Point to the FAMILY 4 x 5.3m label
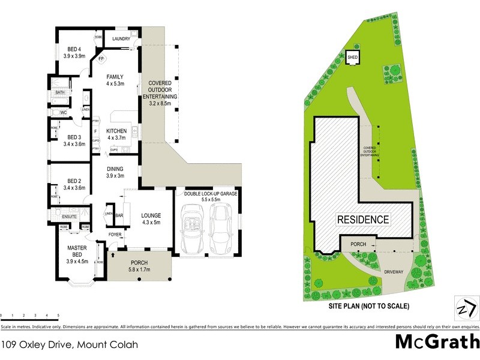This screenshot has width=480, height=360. [115, 80]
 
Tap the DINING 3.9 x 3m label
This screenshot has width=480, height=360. [115, 172]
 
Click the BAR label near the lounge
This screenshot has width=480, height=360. [119, 215]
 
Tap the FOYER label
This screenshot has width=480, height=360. [115, 235]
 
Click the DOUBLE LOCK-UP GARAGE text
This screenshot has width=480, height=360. [211, 194]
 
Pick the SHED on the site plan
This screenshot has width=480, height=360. [353, 57]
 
